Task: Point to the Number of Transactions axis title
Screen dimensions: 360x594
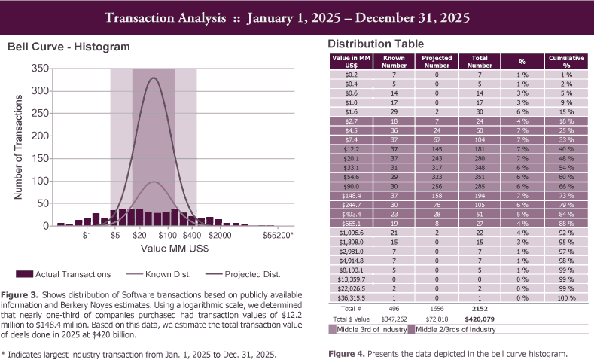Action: click(20, 147)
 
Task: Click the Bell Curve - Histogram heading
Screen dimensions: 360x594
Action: click(69, 47)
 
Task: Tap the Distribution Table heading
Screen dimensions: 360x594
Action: click(376, 44)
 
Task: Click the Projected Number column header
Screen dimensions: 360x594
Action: click(436, 61)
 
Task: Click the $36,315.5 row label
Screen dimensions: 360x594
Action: click(351, 298)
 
